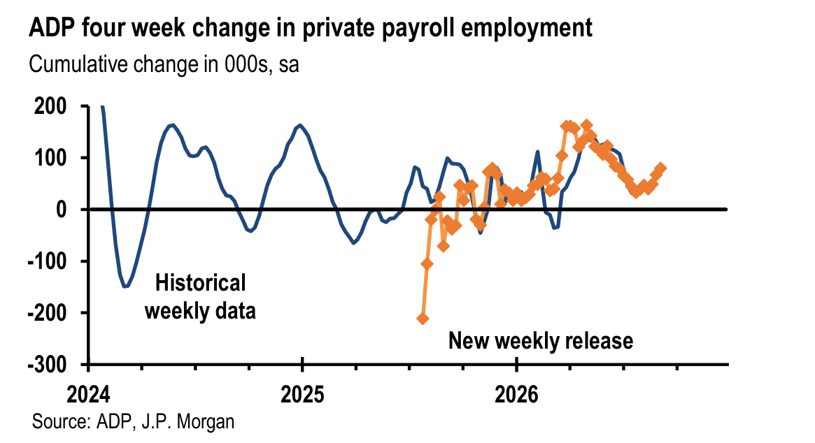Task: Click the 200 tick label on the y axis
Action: tap(50, 106)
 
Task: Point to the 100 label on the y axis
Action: tap(50, 158)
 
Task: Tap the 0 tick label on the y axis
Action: tap(62, 210)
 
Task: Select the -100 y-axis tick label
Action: tap(48, 261)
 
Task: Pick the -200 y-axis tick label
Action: tap(48, 312)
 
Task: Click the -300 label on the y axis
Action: tap(48, 365)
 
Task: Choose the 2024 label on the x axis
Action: tap(88, 395)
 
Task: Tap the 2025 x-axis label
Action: tap(302, 395)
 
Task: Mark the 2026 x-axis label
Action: tap(516, 395)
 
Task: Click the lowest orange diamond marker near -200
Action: tap(423, 319)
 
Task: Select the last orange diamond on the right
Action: tap(660, 168)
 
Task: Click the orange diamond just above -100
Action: tap(427, 264)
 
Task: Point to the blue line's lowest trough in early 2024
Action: tap(125, 286)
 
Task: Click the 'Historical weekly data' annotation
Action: tap(200, 297)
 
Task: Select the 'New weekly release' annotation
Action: tap(541, 341)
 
